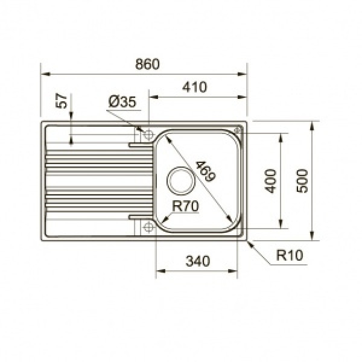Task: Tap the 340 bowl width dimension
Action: click(197, 261)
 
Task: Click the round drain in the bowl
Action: click(179, 179)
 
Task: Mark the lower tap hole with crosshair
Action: click(145, 227)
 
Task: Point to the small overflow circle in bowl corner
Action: click(238, 130)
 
